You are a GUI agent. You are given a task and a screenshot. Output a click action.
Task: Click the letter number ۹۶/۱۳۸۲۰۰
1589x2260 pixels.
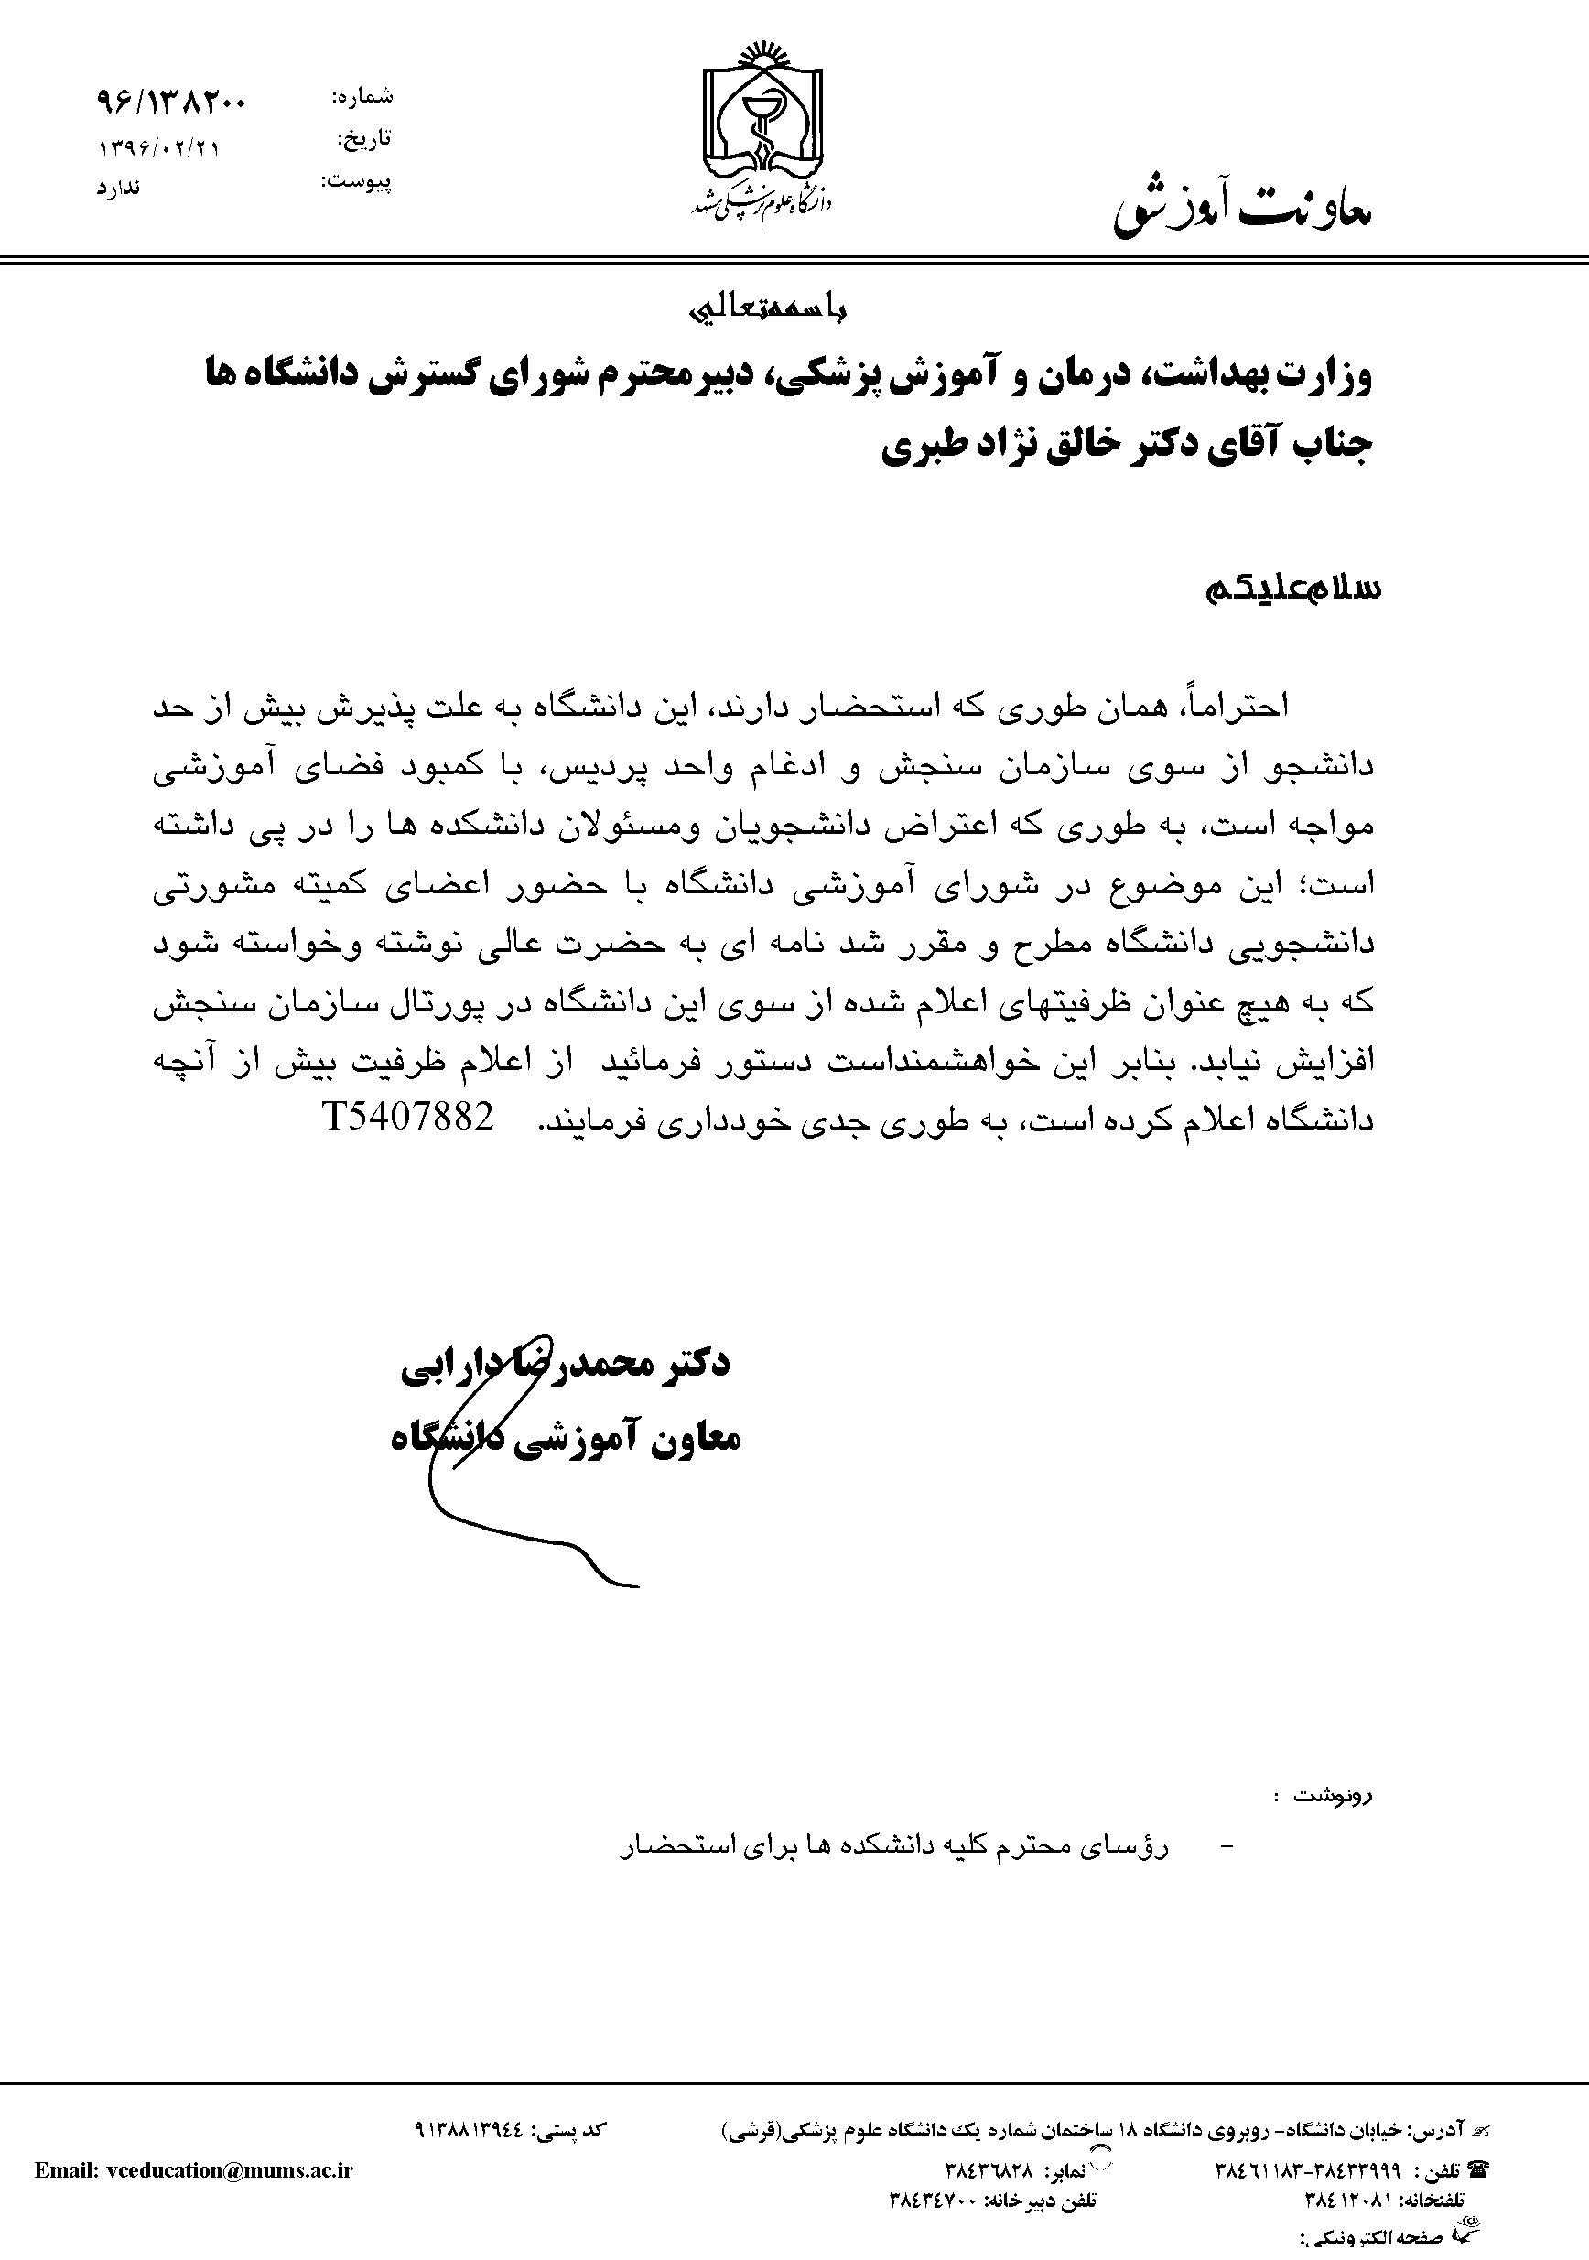tap(172, 101)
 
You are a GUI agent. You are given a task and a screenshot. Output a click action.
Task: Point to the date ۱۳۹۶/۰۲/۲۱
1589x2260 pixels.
tap(159, 148)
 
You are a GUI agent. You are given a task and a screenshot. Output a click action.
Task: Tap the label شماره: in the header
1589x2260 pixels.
tap(362, 96)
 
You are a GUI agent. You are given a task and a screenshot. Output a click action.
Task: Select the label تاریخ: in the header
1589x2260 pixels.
tap(364, 140)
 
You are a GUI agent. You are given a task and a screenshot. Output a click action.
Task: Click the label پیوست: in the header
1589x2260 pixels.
tap(357, 182)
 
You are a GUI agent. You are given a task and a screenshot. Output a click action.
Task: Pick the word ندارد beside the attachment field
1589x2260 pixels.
tap(118, 187)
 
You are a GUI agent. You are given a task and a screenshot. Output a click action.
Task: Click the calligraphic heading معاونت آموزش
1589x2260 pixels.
tap(1241, 209)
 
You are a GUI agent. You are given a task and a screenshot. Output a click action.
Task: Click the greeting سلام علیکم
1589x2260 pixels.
tap(1292, 588)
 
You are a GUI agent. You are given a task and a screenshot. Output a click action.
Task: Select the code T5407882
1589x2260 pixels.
tap(406, 1116)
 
